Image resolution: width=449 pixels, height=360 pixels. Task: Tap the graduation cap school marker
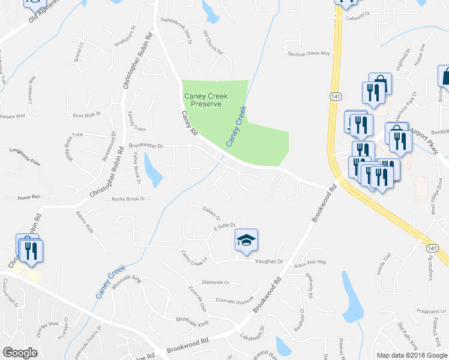pyautogui.click(x=246, y=241)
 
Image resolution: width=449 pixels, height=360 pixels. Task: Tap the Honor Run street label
pyautogui.click(x=28, y=197)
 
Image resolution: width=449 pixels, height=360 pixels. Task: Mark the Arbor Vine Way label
pyautogui.click(x=310, y=262)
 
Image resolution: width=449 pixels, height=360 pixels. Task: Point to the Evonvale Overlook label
pyautogui.click(x=235, y=301)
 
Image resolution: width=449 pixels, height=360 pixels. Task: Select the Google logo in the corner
pyautogui.click(x=20, y=353)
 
